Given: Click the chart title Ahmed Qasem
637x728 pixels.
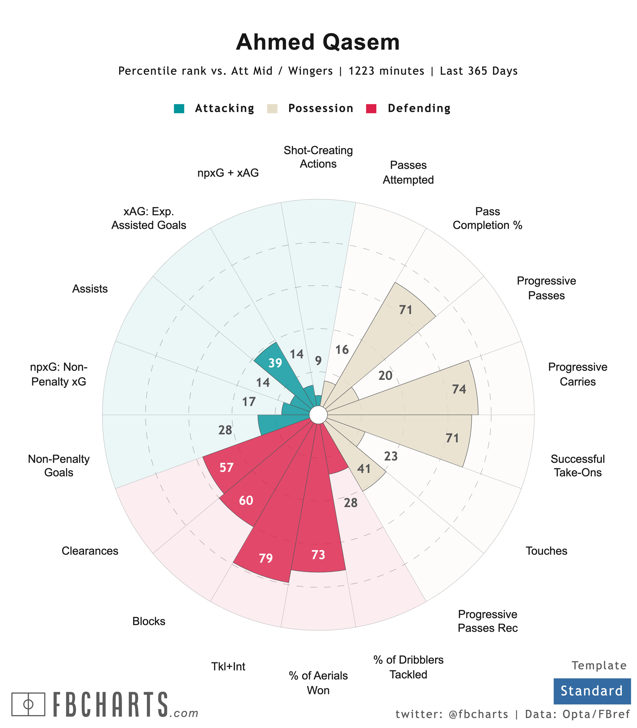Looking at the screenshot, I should point(318,42).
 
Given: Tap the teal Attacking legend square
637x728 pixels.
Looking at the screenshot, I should point(179,108).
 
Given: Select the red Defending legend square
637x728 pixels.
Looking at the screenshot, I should point(371,108).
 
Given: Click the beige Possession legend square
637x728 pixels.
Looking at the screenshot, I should point(272,108).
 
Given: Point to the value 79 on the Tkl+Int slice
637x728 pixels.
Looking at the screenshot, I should point(266,559).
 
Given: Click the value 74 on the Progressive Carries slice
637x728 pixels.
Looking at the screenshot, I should point(459,389).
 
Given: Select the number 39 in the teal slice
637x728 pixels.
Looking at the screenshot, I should point(275,363).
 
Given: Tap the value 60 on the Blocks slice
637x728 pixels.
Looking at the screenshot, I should point(246,501).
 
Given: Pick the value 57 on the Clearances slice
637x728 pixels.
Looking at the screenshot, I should point(226,467).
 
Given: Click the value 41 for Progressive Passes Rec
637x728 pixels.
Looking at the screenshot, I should point(364,469).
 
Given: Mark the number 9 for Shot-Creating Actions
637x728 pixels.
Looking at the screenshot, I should point(318,361).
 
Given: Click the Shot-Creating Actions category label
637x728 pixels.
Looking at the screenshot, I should point(318,157).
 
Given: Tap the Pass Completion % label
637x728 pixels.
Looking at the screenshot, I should point(487,218).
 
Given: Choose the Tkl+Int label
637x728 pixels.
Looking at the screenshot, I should point(228,666).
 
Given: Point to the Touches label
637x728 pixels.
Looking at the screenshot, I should point(546,551).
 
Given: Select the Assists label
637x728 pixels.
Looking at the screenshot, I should point(90,289).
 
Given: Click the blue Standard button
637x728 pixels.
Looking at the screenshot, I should point(591,691).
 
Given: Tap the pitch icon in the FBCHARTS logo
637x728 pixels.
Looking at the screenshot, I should point(28,704).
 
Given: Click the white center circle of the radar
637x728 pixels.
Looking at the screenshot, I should point(318,415).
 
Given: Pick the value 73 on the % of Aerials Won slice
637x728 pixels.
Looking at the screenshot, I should point(318,554).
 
